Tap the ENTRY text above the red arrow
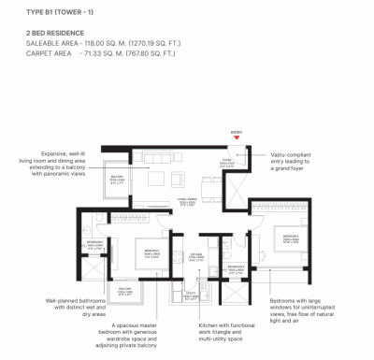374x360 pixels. pyautogui.click(x=237, y=132)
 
